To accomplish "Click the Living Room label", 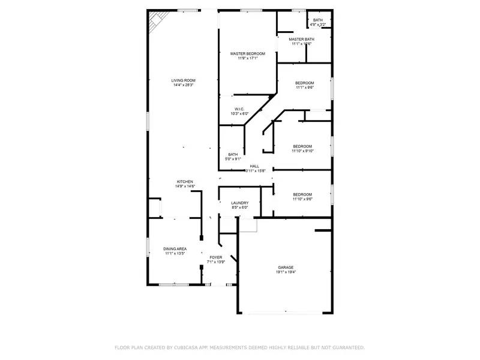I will pos(184,80).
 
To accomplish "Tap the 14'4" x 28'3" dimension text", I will pos(184,85).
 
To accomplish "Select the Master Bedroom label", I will pos(248,54).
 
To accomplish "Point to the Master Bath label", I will pos(302,39).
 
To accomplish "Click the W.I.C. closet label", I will pos(239,109).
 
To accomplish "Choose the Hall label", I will pos(254,166).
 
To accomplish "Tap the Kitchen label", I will pos(184,182).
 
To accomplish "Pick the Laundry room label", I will pos(239,203).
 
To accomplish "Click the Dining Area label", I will pos(175,248).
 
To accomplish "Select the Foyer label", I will pos(216,257).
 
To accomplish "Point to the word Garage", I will pos(286,268).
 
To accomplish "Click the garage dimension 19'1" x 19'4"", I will pos(286,272).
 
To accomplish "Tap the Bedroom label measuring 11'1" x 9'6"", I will pos(304,83).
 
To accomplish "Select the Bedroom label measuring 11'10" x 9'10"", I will pos(302,146).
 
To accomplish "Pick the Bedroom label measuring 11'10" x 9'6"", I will pos(302,194).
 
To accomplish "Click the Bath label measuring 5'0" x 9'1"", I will pos(233,154).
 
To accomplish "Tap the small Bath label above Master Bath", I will pos(317,20).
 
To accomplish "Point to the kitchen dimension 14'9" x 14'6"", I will pos(184,187).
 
